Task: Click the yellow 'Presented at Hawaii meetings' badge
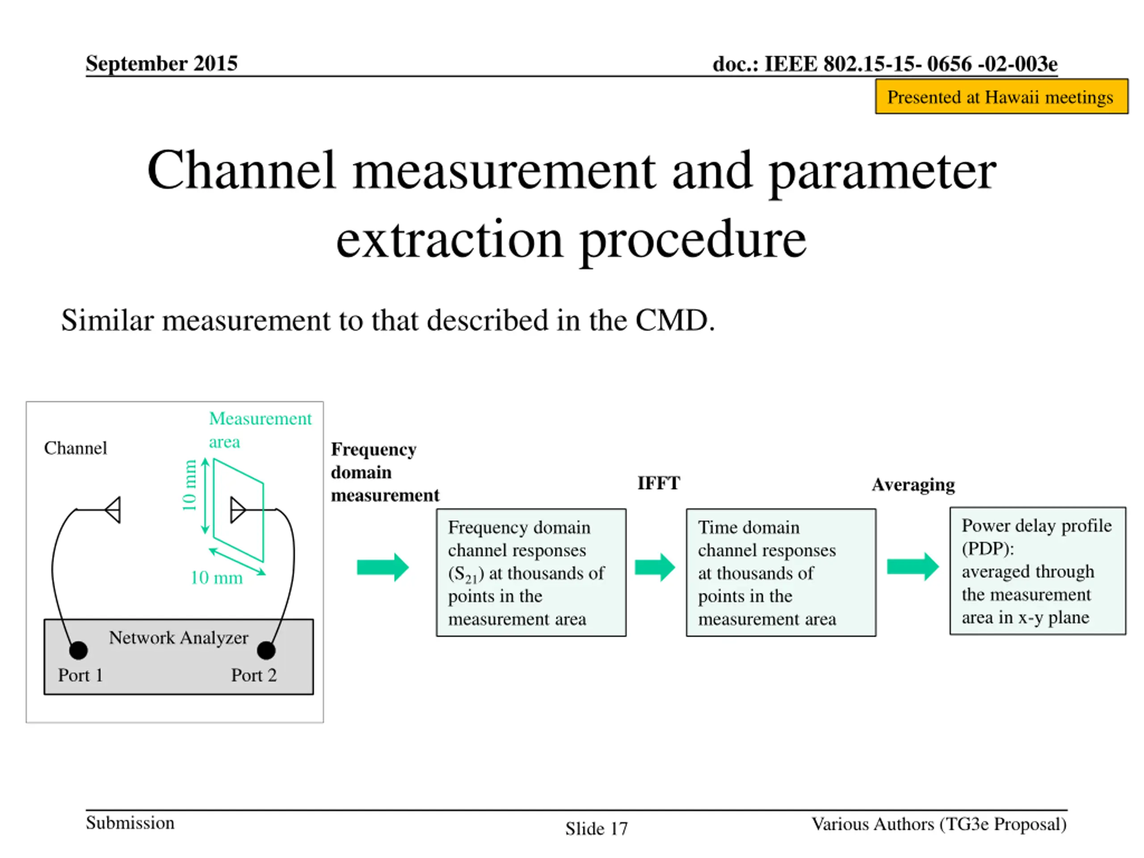[1001, 97]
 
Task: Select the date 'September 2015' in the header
[161, 63]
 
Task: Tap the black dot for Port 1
[79, 650]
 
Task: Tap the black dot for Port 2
[266, 650]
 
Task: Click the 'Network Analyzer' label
[178, 638]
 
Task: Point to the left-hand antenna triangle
[114, 510]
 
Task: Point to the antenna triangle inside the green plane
[237, 510]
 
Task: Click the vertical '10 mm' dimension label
[190, 485]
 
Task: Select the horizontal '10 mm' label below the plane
[217, 578]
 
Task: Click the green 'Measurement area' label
[260, 429]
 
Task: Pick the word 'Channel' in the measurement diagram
[76, 448]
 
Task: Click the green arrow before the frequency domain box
[383, 568]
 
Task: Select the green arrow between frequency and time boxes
[655, 568]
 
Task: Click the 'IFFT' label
[658, 483]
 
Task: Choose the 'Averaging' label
[913, 484]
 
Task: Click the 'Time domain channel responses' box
[781, 572]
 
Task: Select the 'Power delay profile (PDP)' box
[1038, 571]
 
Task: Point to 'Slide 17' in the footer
[596, 829]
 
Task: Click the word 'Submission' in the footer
[130, 823]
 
